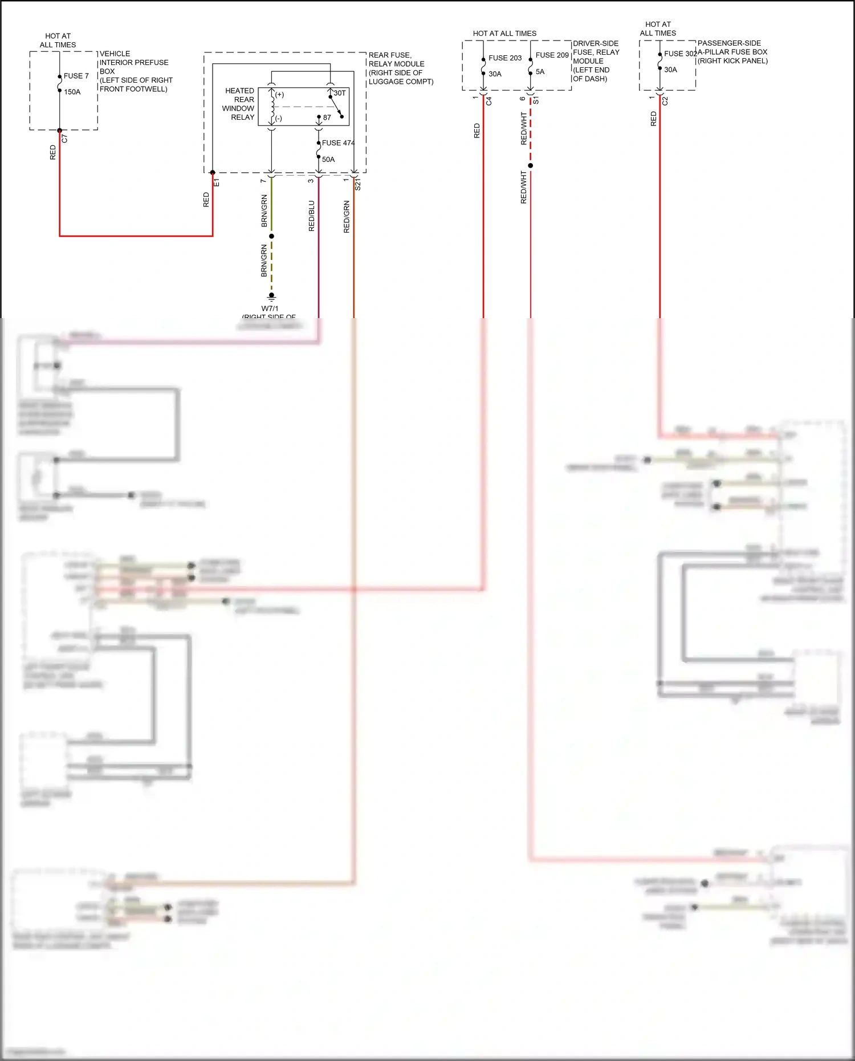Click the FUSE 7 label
76,76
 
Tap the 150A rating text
72,92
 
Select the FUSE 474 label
337,143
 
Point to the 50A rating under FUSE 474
328,160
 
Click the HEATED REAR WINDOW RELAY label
239,104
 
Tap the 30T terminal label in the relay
339,93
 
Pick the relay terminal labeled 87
327,117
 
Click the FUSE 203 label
504,58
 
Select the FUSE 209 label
552,55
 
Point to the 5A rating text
540,72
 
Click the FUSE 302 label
680,54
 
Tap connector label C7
64,139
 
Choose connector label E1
217,182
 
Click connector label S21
358,184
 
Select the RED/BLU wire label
312,216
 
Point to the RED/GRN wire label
347,217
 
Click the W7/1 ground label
270,308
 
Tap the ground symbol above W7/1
271,296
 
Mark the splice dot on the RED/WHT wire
530,165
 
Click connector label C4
488,101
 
